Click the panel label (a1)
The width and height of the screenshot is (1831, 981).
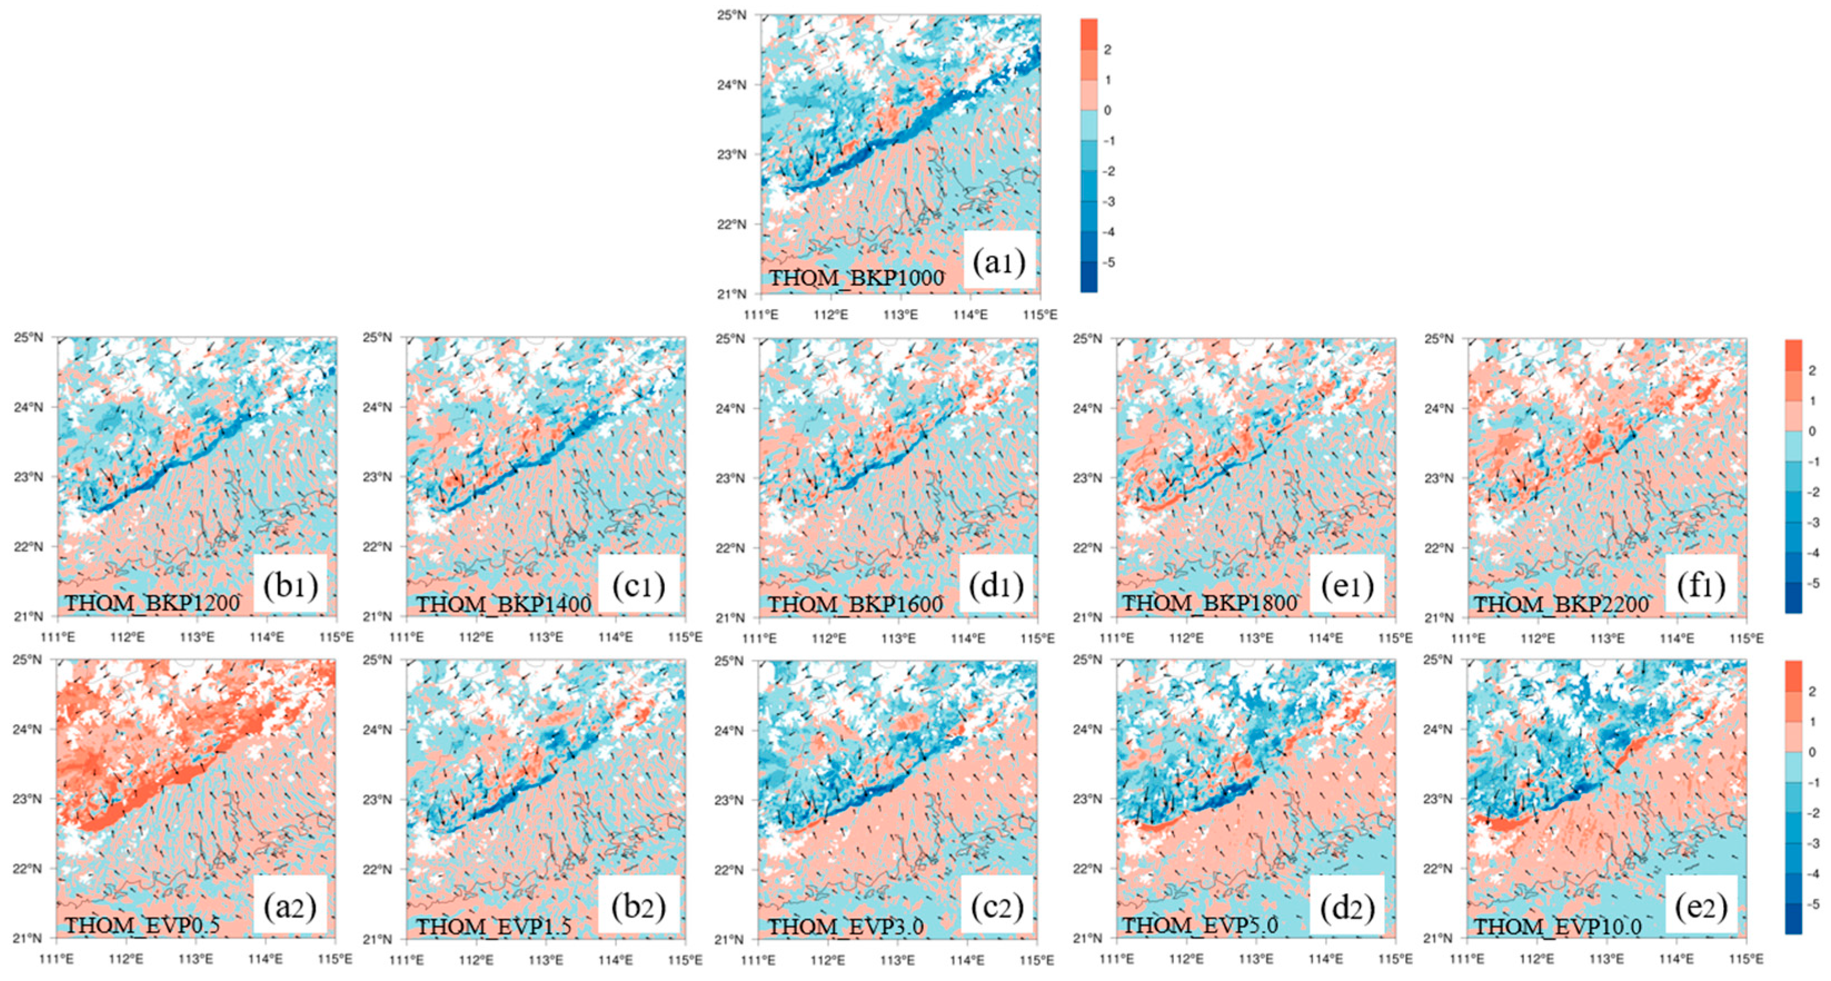(999, 262)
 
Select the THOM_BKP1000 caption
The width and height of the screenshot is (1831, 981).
(857, 278)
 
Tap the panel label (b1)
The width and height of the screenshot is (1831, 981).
(290, 585)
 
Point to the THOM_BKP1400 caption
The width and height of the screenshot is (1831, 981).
(503, 604)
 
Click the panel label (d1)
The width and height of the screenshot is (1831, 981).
(996, 585)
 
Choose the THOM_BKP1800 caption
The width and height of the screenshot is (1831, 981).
(1210, 603)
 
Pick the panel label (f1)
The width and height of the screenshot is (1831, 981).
(1701, 585)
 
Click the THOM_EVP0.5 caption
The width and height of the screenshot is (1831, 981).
(142, 925)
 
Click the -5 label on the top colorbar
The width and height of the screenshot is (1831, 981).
(1107, 262)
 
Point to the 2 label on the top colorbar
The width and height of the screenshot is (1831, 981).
(1107, 50)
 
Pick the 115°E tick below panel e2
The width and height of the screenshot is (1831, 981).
(1746, 960)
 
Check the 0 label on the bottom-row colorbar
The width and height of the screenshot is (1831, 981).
(1812, 752)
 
